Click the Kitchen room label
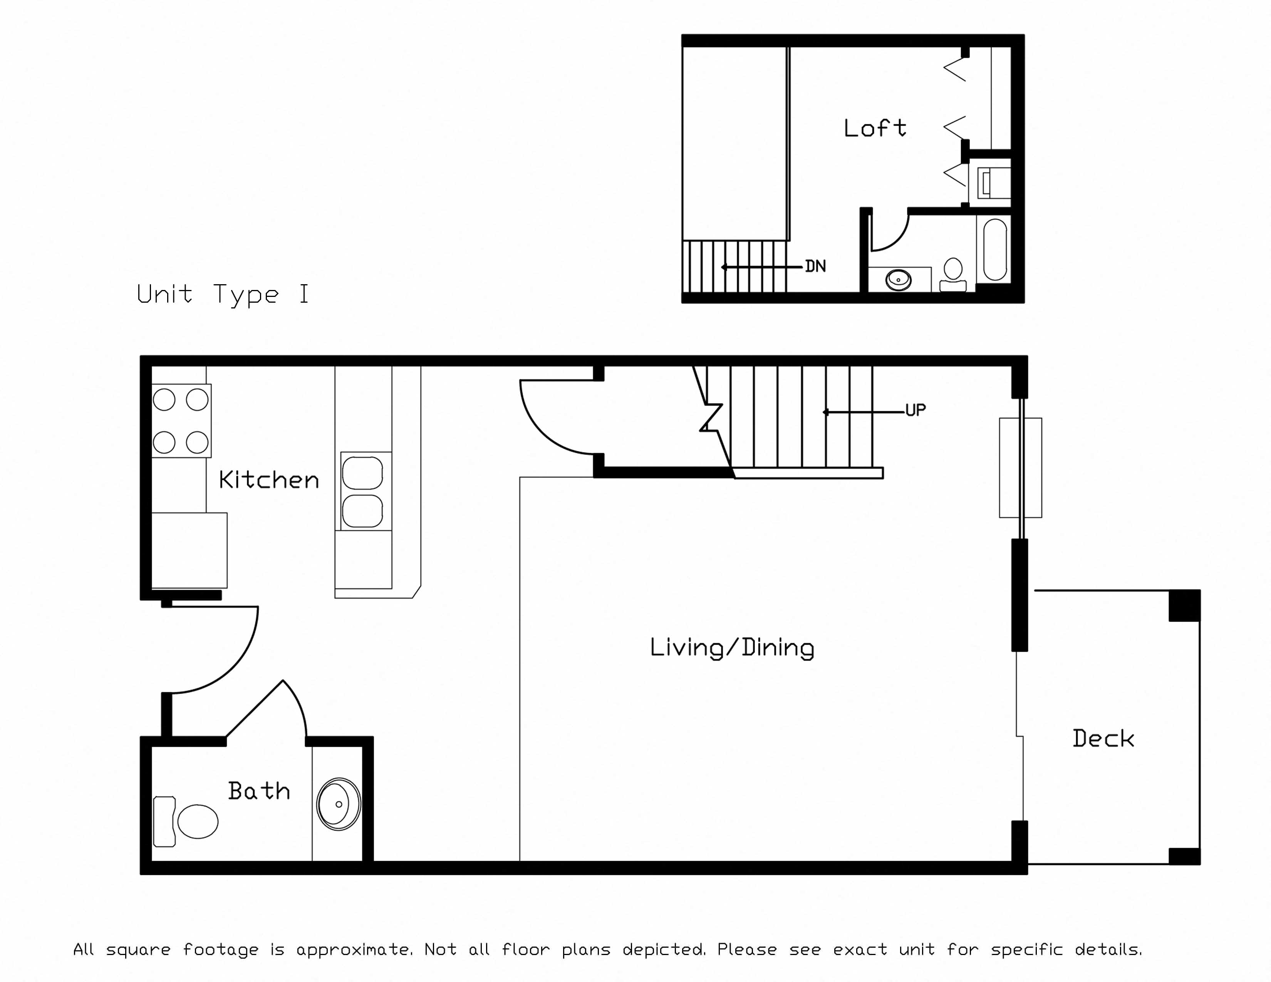269,480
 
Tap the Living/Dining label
732,647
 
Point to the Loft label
875,127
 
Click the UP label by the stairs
916,410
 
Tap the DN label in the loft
815,266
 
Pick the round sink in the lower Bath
339,804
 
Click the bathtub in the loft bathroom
995,250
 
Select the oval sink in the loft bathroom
899,280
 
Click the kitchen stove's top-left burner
164,400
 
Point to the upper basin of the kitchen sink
362,473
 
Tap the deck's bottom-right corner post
1185,856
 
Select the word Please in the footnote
747,949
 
